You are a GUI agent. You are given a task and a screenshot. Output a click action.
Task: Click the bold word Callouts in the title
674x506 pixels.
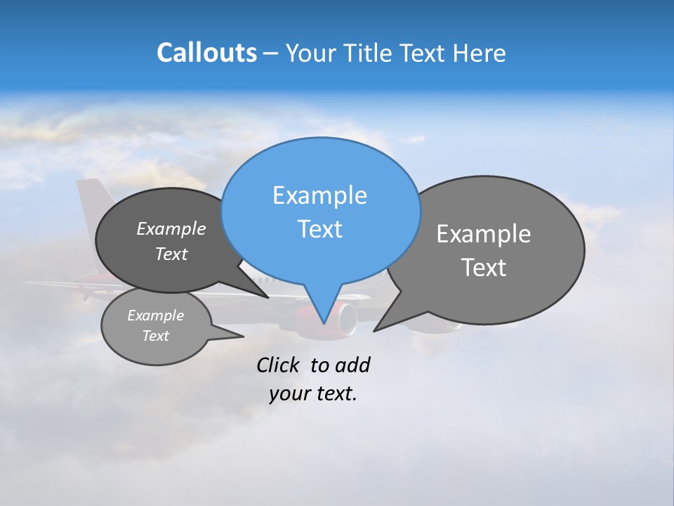tap(206, 53)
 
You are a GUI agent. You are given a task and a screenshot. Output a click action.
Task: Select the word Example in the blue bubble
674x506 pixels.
tap(319, 195)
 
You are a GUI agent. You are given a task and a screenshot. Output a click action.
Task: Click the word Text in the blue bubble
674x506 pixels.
tap(319, 229)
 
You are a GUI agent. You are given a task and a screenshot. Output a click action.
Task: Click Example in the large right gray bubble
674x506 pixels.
tap(483, 234)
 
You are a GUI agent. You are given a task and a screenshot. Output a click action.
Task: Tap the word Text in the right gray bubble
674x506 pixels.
tap(483, 268)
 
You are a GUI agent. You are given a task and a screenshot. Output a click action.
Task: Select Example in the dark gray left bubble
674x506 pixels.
tap(171, 228)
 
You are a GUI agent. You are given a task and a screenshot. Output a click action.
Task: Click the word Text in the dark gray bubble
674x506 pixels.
tap(171, 254)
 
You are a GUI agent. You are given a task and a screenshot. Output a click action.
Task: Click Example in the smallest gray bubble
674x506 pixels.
tap(155, 316)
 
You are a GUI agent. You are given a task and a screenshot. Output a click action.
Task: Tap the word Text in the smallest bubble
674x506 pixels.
tap(155, 336)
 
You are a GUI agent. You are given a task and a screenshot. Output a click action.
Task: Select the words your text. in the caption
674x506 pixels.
tap(313, 394)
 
